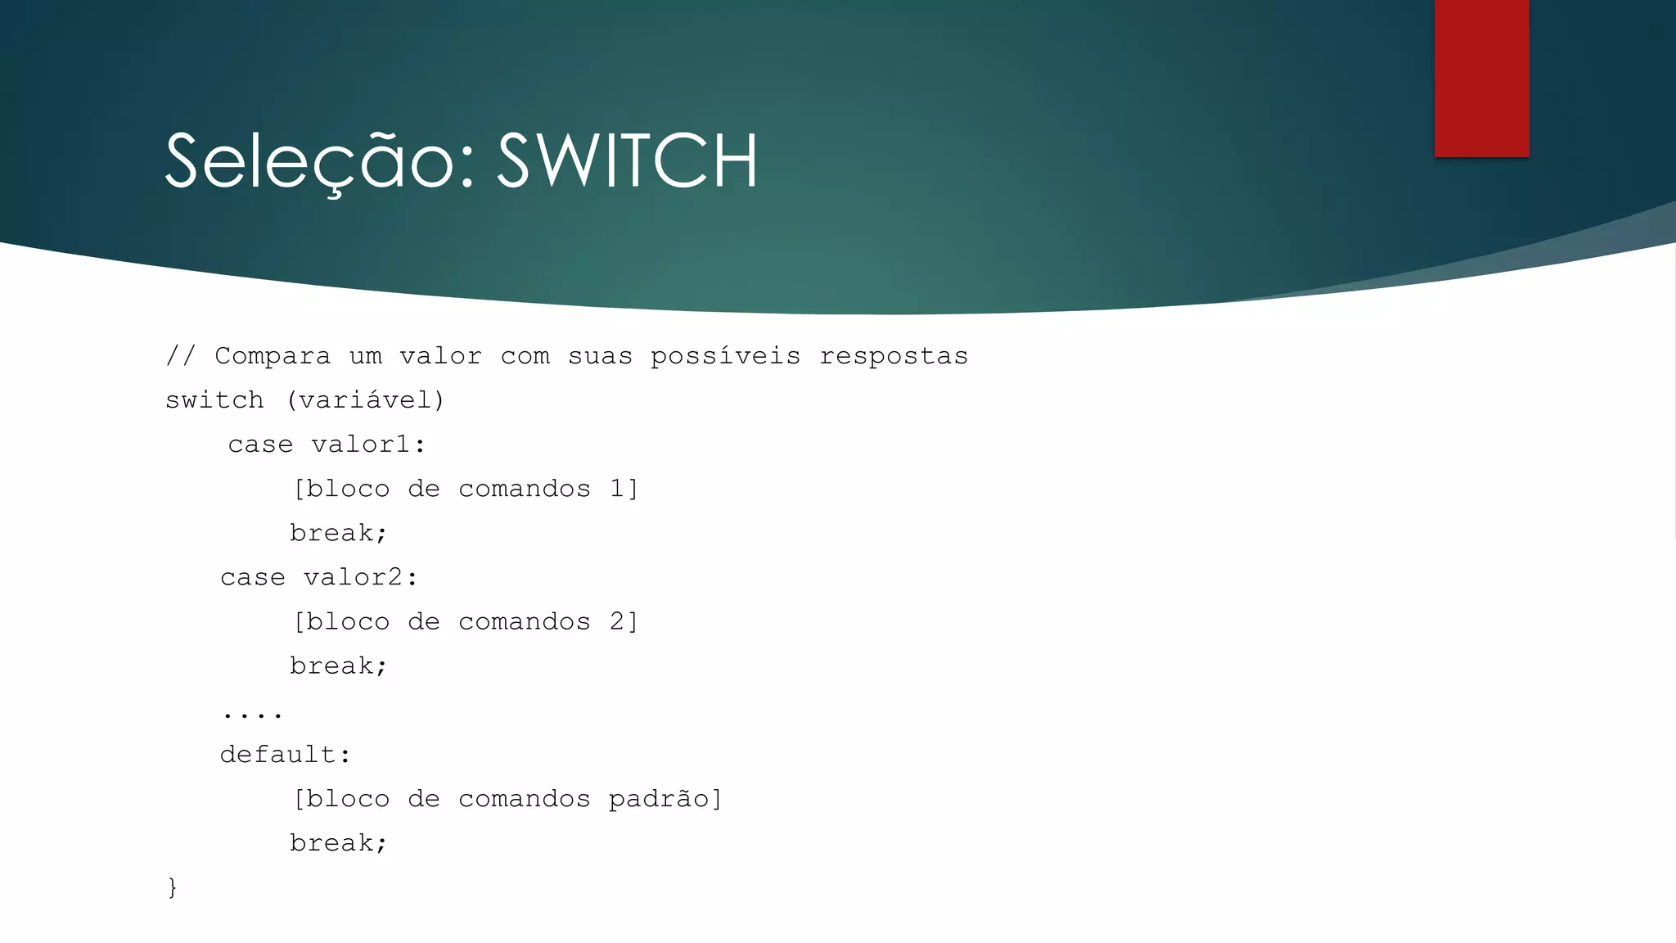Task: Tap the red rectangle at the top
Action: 1481,78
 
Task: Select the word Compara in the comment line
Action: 273,356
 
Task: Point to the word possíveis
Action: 725,356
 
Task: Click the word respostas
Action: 894,357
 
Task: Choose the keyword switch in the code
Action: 214,400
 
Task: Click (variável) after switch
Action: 365,400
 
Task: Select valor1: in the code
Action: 368,444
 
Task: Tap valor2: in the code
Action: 360,577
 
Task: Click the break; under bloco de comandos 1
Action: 338,533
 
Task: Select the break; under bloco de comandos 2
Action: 338,666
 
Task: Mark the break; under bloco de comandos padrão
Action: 338,842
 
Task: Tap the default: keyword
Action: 285,754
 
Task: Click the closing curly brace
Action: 172,887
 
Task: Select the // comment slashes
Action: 181,356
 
